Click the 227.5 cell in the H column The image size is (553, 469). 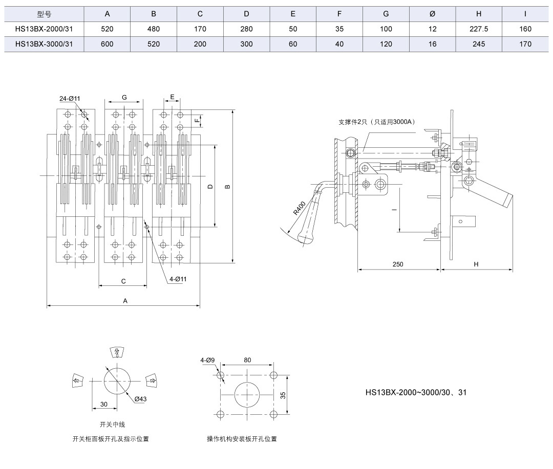479,29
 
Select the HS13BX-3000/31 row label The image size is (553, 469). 44,44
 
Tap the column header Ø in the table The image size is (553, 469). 432,14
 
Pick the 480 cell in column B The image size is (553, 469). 154,29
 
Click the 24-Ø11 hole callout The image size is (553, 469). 70,99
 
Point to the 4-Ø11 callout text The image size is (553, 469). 178,279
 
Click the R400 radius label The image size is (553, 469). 300,208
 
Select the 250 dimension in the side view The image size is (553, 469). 398,264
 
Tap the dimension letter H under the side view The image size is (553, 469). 476,264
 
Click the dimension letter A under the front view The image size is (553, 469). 125,301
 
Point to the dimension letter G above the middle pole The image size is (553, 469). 124,98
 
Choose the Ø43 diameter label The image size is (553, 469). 140,399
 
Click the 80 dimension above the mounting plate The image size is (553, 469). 247,360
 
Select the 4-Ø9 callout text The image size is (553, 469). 207,360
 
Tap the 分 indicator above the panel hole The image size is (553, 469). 117,352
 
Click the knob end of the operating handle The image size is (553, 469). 306,238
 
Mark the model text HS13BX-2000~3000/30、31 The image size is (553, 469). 416,392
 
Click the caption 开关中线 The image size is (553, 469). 113,425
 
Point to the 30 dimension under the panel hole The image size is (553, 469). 103,404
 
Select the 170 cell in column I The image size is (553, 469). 525,44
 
